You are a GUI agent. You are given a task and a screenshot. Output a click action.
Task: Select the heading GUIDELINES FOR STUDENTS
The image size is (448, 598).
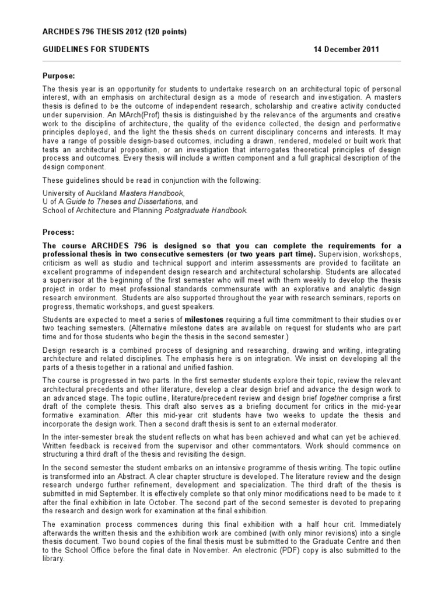coord(96,50)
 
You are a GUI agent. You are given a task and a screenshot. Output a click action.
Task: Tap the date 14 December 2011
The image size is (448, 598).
coord(346,50)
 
